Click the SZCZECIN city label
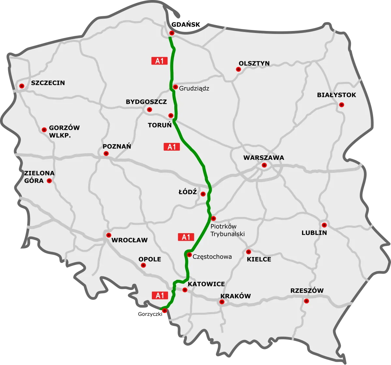pos(48,83)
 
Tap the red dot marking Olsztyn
pos(238,69)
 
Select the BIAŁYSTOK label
pos(336,95)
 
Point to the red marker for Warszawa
pos(264,165)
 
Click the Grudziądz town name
pos(194,88)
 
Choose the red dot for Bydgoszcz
pos(149,110)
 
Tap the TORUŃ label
pos(160,125)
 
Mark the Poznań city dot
pos(106,153)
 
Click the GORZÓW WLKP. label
pos(64,131)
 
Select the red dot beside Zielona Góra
pos(49,181)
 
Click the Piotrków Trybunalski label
pos(227,230)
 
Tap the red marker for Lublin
pos(324,225)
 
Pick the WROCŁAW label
pos(129,240)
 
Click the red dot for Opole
pos(143,266)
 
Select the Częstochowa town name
pos(212,257)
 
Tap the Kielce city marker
pos(248,251)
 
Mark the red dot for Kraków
pos(222,302)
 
